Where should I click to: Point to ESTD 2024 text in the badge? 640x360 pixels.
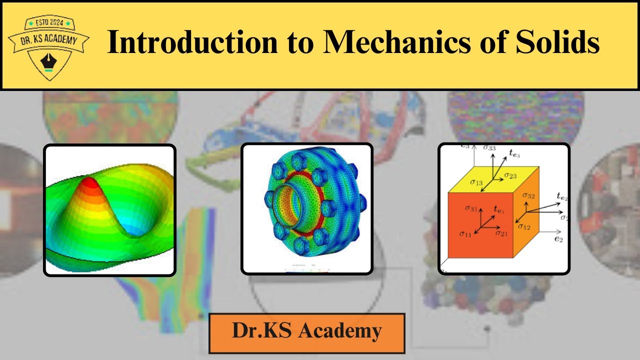point(49,23)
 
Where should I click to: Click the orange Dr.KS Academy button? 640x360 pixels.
point(306,331)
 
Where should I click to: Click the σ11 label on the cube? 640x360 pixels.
point(466,233)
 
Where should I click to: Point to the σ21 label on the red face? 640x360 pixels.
point(501,233)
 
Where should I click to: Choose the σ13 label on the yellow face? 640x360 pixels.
point(476,182)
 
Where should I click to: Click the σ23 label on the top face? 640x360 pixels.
point(510,175)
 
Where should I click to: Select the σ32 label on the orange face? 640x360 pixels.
point(528,195)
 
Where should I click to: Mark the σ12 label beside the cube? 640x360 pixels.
point(524,226)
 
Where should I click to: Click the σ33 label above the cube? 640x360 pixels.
point(490,148)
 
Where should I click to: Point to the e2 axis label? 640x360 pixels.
point(558,239)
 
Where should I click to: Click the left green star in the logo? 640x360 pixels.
point(30,23)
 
